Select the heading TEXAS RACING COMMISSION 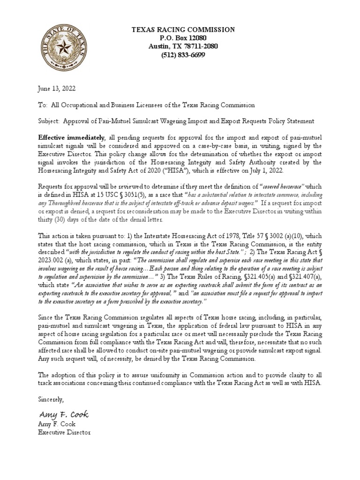183,30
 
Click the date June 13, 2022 57,88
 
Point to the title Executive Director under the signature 64,432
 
